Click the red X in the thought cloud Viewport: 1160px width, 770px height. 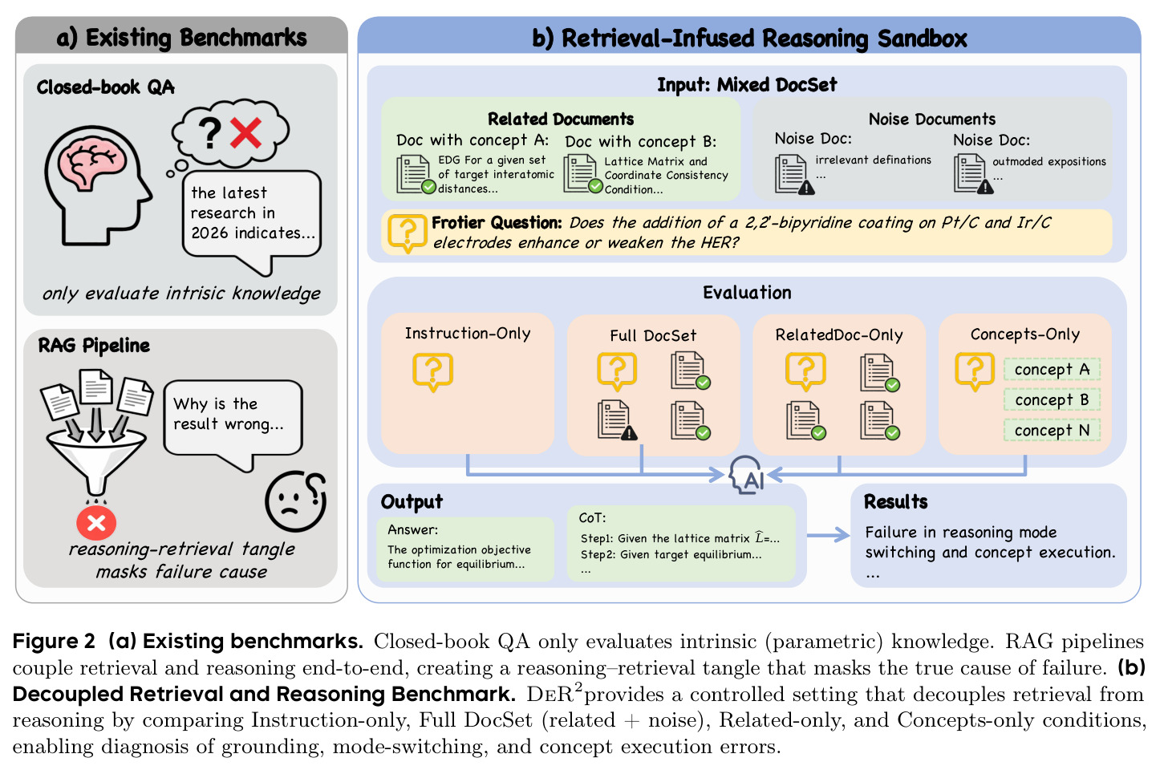point(245,132)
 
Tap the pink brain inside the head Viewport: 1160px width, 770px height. point(92,164)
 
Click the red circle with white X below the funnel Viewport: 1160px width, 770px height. point(96,523)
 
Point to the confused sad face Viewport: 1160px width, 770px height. point(296,501)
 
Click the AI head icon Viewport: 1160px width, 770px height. point(746,475)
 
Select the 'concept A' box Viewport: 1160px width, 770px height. point(1052,369)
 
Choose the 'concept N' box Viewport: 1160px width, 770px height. point(1052,430)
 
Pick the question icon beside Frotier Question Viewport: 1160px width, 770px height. point(408,233)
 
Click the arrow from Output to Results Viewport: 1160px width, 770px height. point(829,535)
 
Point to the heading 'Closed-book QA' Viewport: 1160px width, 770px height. point(106,87)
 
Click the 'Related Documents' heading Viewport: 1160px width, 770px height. point(561,119)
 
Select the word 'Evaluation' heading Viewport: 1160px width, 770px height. point(747,293)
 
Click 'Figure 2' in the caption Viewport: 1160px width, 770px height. point(54,641)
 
